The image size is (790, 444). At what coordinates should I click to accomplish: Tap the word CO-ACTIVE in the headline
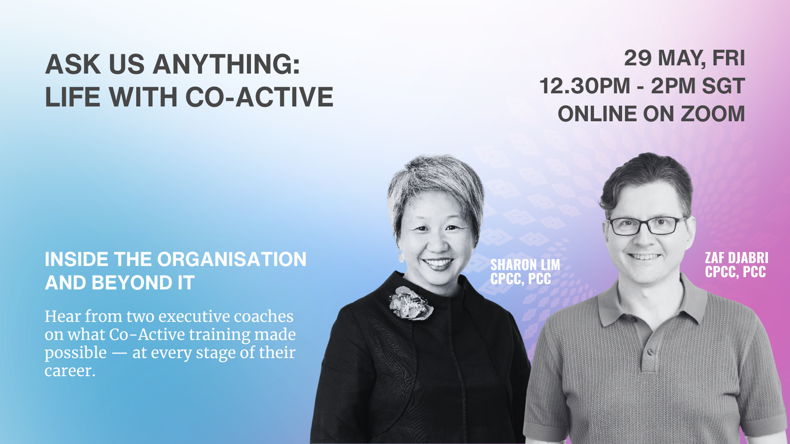(259, 97)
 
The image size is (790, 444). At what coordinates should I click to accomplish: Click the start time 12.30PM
(585, 86)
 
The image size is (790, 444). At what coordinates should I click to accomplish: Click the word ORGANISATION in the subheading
(232, 259)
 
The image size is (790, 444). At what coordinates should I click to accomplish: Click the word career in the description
(70, 371)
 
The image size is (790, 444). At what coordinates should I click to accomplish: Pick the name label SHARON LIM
(525, 265)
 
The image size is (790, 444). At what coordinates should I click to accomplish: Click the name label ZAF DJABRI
(737, 258)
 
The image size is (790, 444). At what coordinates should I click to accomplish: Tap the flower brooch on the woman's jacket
(411, 303)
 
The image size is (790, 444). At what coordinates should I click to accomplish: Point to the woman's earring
(401, 257)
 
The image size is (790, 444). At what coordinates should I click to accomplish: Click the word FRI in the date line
(728, 58)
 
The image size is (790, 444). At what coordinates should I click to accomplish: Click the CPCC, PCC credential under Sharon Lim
(520, 279)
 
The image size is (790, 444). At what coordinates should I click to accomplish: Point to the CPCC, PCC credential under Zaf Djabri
(735, 272)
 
